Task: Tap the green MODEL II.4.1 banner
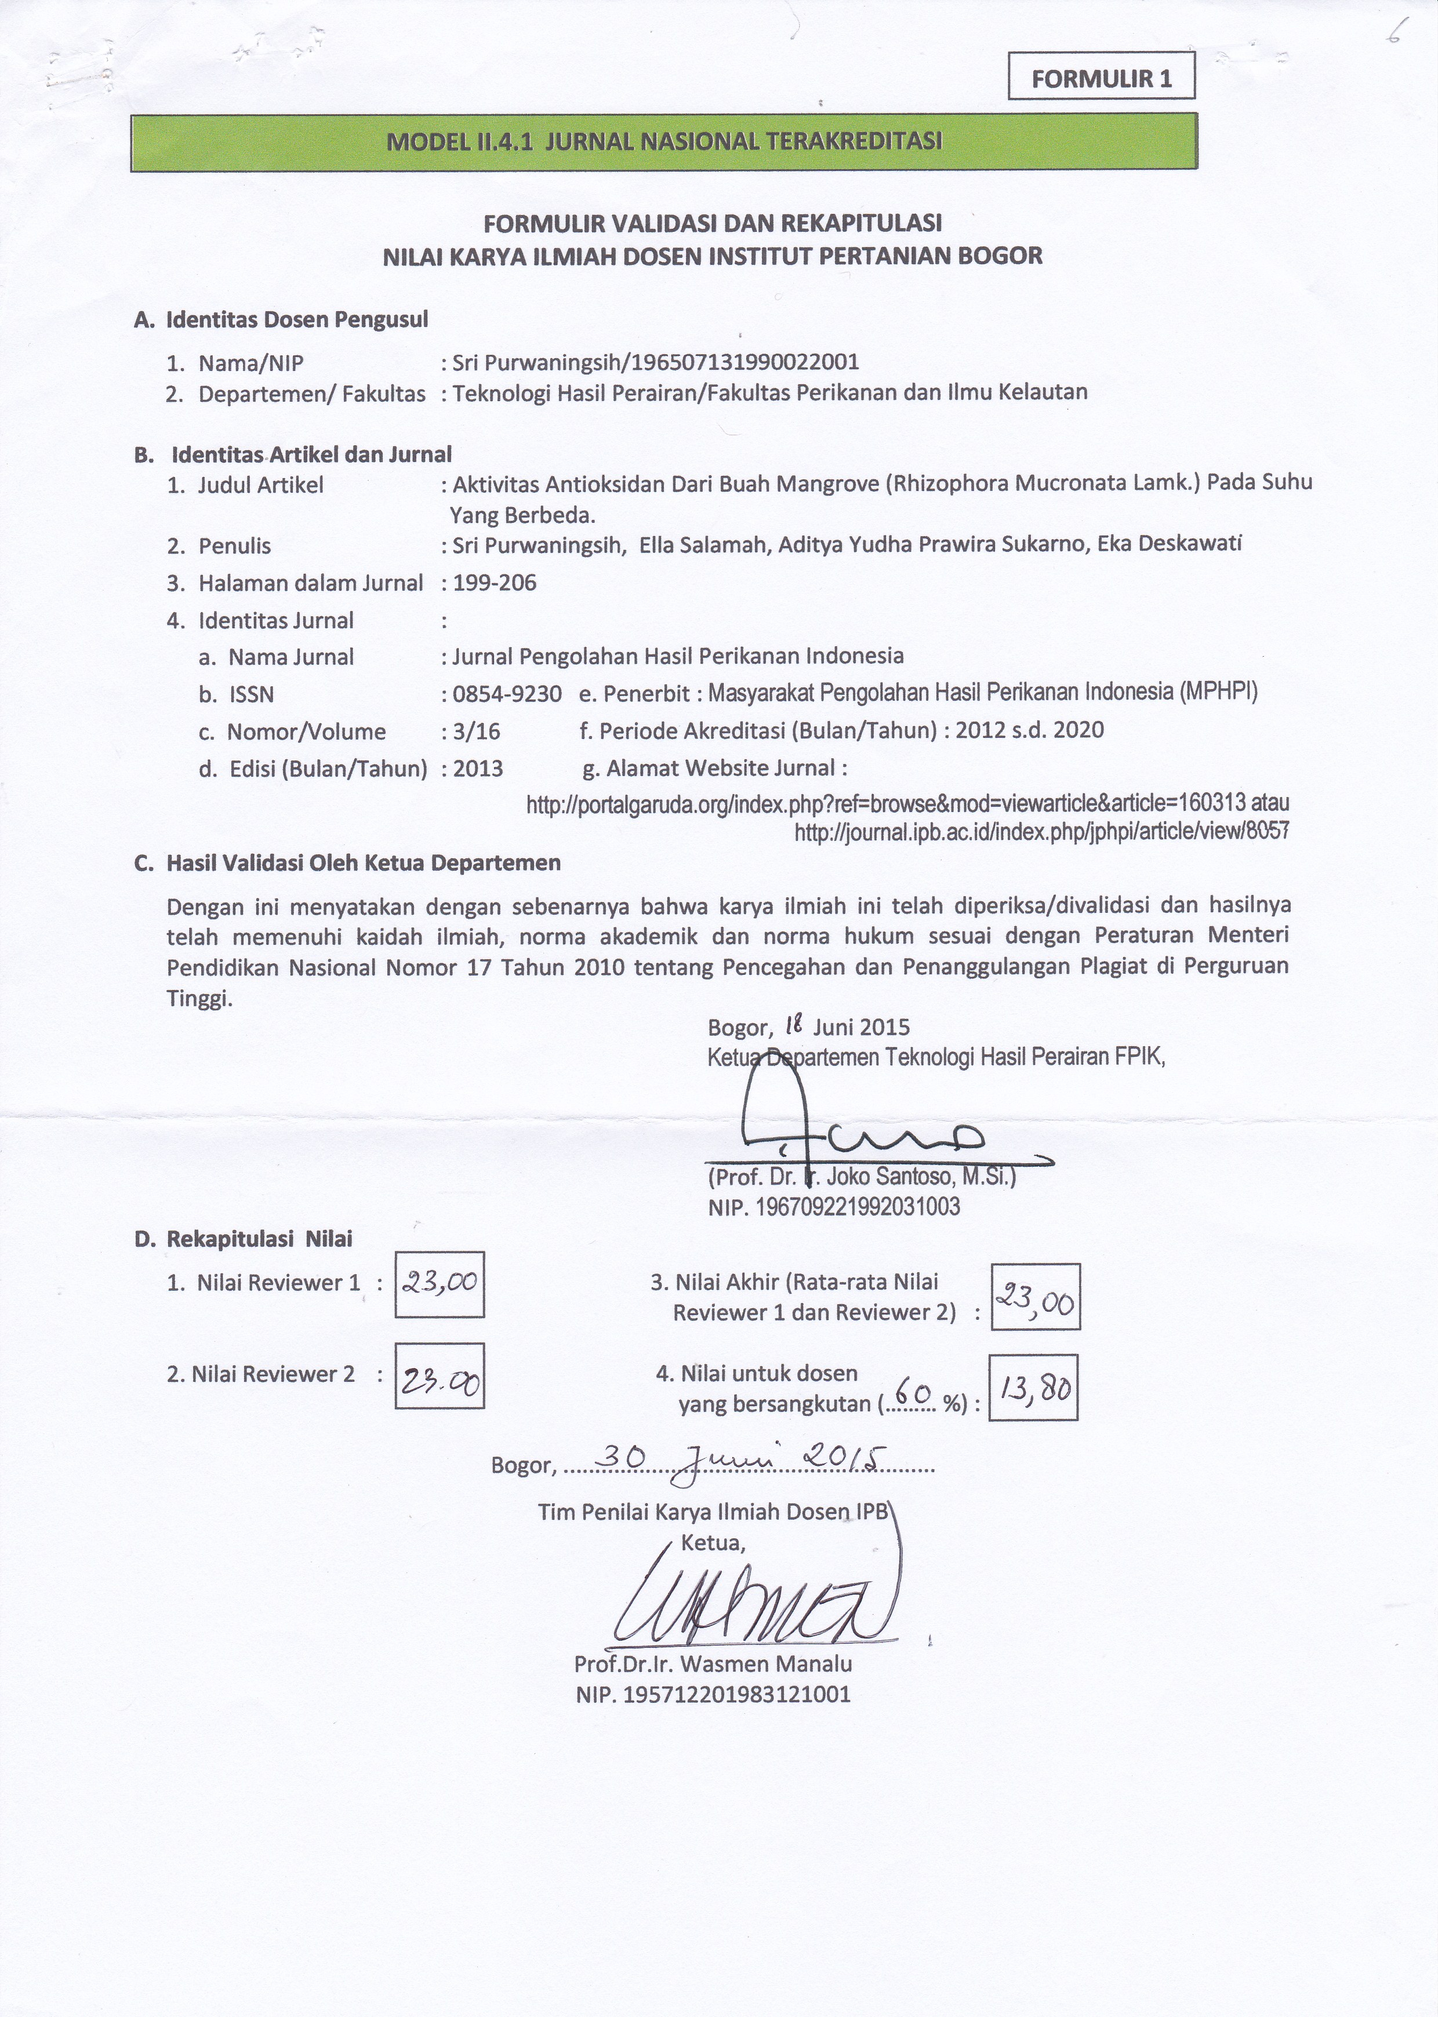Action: click(664, 143)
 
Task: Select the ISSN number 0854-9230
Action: click(506, 695)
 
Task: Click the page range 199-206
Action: click(494, 582)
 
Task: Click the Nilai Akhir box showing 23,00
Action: click(1035, 1298)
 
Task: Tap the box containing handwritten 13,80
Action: click(1033, 1387)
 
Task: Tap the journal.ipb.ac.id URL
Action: click(1041, 831)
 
